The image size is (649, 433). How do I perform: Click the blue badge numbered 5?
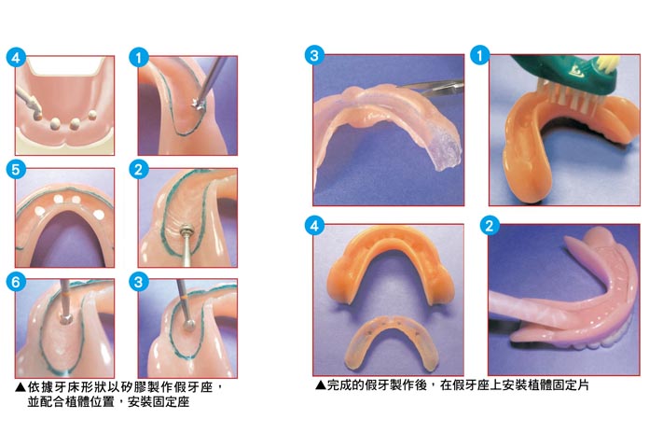16,170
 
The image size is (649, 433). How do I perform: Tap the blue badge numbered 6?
16,282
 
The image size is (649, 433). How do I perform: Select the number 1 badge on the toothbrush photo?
480,55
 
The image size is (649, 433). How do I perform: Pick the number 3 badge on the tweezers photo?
314,55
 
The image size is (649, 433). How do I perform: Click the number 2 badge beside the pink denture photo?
490,226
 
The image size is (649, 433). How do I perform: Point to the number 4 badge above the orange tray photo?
314,226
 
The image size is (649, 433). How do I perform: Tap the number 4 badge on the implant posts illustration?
16,58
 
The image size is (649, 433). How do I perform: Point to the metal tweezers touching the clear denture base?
431,87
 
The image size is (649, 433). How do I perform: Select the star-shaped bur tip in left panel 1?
197,104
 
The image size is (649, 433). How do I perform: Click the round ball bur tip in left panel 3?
188,326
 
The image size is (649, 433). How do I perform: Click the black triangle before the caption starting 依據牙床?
21,387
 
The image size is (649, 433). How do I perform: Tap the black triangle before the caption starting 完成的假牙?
321,385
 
